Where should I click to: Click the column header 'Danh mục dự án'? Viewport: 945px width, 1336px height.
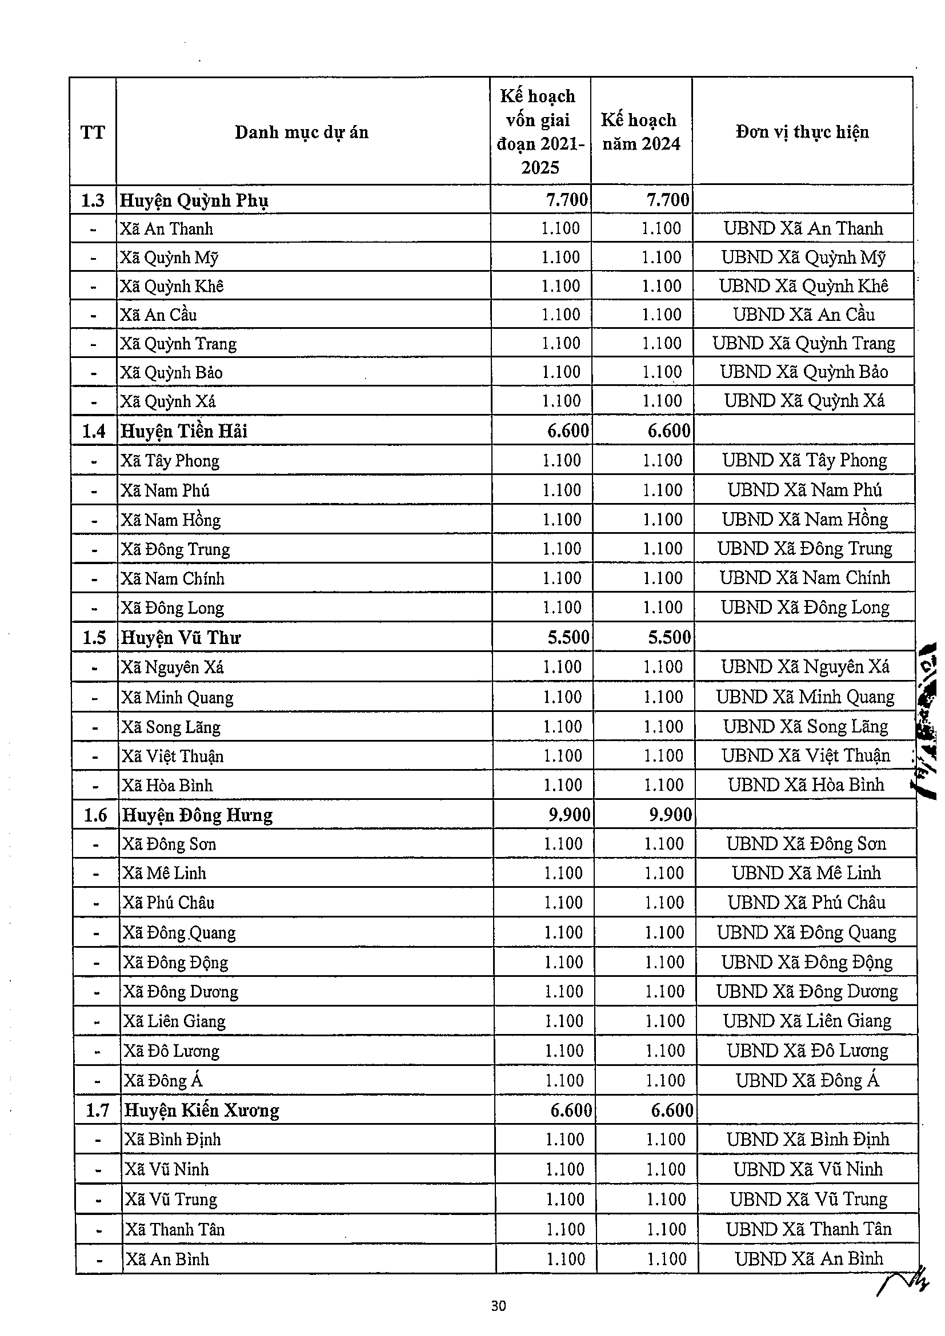302,132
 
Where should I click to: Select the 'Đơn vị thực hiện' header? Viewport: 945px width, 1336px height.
802,132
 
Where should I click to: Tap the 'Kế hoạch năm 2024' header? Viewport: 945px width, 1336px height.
640,132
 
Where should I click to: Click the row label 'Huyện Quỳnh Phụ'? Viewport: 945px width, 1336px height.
194,201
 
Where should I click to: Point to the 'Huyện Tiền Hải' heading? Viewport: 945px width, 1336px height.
184,431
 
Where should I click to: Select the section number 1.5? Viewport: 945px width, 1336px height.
94,638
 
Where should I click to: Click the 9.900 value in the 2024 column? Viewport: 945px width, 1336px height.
670,815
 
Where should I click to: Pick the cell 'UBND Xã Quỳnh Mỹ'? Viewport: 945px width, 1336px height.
803,257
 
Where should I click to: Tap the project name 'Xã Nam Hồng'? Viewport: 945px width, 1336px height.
171,520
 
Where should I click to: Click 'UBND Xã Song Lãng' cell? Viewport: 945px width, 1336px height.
805,727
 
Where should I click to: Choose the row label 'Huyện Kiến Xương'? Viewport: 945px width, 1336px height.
202,1110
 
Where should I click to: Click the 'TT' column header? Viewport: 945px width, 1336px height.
93,132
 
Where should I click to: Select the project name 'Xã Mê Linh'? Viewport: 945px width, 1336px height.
164,873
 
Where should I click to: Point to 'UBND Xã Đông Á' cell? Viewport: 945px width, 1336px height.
807,1081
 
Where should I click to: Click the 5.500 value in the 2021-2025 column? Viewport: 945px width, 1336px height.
568,638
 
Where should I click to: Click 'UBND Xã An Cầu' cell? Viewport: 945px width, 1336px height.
803,315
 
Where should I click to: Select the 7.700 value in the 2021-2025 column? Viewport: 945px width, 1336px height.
567,201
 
